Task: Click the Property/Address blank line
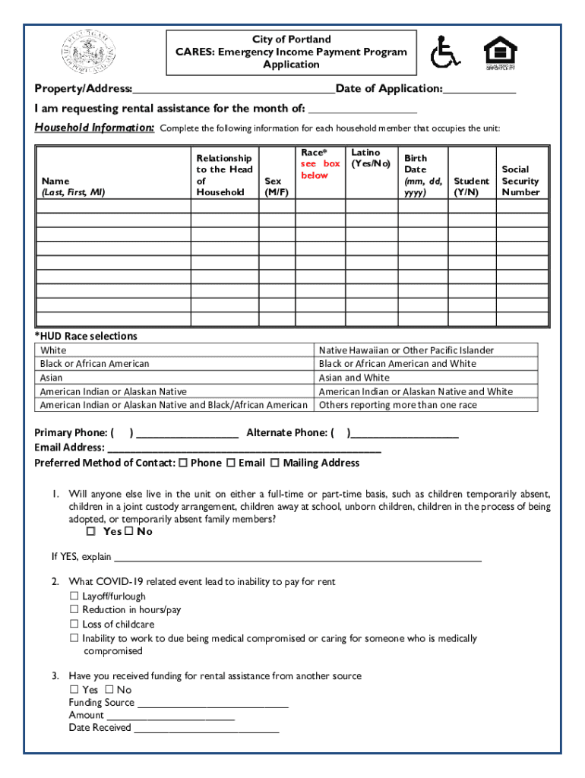233,90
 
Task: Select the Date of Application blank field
479,90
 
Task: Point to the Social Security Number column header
520,181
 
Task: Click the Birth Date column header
423,176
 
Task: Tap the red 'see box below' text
320,169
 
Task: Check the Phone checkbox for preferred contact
182,463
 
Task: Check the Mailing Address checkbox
275,463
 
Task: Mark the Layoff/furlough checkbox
74,596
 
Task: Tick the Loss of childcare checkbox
74,625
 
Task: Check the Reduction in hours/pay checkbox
74,610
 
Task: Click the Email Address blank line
243,449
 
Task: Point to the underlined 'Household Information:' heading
95,128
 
